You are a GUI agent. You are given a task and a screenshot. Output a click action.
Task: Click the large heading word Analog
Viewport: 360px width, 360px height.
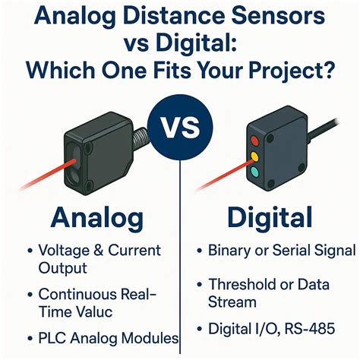[x=96, y=218]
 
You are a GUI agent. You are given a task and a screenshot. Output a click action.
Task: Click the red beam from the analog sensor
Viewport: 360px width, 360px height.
[x=34, y=181]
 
